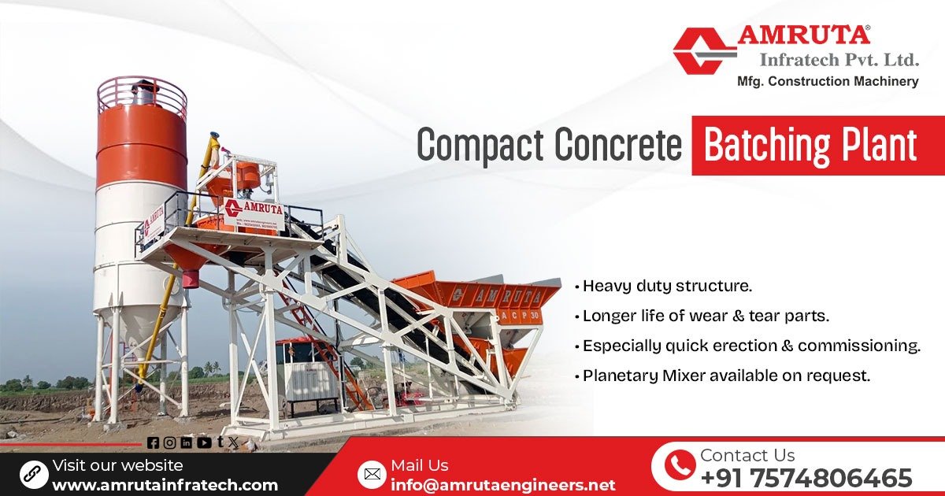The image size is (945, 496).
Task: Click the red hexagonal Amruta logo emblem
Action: point(704,51)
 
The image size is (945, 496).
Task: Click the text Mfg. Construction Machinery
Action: point(827,81)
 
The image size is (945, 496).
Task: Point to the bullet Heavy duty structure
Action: point(667,286)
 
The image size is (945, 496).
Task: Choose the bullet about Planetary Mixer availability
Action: point(726,376)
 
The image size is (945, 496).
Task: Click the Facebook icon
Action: point(153,442)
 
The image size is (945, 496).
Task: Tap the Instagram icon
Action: point(169,442)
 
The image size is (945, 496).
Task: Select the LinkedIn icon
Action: point(187,442)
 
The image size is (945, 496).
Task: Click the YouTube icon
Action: point(204,442)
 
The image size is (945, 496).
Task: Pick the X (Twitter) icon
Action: point(232,442)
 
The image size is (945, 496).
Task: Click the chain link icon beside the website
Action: point(33,474)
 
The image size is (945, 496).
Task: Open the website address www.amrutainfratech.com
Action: point(165,485)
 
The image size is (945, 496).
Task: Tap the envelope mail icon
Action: point(372,474)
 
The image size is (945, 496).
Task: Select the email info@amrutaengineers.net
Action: point(502,485)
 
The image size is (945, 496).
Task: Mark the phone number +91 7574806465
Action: point(806,478)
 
